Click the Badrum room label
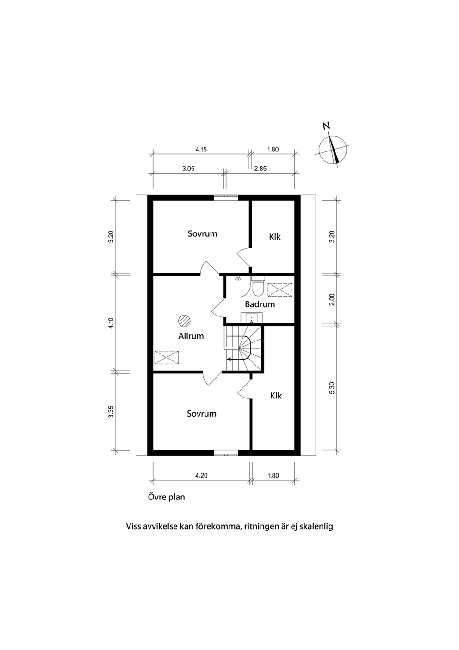tap(260, 304)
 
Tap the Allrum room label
tap(191, 336)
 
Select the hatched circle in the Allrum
tap(184, 321)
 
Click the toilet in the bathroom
tap(257, 286)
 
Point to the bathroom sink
tap(251, 318)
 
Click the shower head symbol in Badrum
tap(237, 278)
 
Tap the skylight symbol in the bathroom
tap(279, 290)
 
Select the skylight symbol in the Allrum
tap(166, 357)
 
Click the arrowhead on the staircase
tap(229, 359)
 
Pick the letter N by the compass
tap(327, 126)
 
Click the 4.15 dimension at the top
tap(201, 150)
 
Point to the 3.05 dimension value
tap(188, 169)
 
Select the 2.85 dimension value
tap(260, 169)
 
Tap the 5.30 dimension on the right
tap(332, 388)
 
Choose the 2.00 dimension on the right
tap(332, 299)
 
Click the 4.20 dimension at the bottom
tap(201, 476)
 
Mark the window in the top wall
tap(226, 197)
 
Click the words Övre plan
tap(166, 497)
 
